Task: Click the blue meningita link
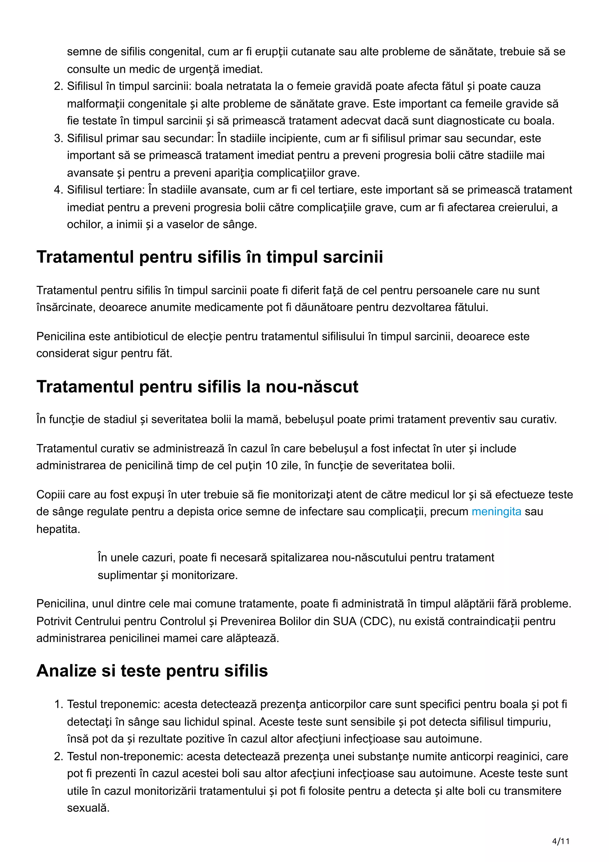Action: tap(496, 511)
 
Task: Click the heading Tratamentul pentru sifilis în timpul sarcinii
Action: tap(209, 257)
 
